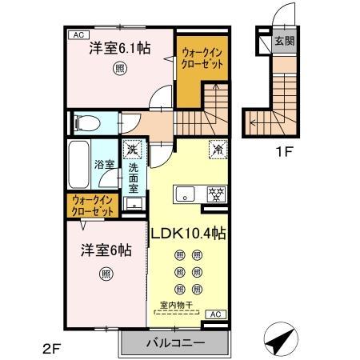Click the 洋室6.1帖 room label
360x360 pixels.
[x=118, y=48]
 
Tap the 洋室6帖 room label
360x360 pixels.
[x=104, y=250]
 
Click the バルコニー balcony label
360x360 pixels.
[x=175, y=344]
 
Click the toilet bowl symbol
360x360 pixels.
[x=86, y=123]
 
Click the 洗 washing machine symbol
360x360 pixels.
[x=132, y=150]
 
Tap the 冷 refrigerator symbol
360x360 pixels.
[x=217, y=149]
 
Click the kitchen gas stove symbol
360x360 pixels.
[x=214, y=194]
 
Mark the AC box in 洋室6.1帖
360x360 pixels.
[x=78, y=34]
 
